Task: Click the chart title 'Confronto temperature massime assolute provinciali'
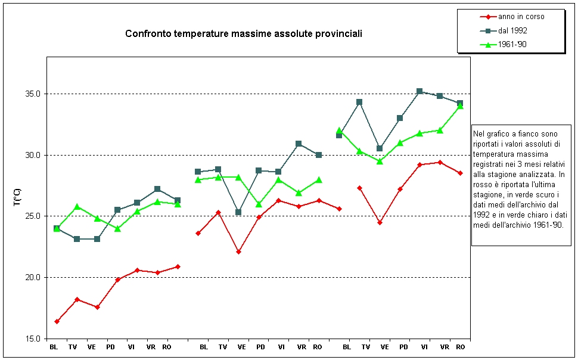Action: (x=243, y=34)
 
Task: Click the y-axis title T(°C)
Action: (x=17, y=197)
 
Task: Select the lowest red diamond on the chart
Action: (x=57, y=321)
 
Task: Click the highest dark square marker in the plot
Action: (x=419, y=91)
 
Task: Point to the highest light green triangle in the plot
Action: (x=460, y=105)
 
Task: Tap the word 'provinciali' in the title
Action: (x=340, y=34)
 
